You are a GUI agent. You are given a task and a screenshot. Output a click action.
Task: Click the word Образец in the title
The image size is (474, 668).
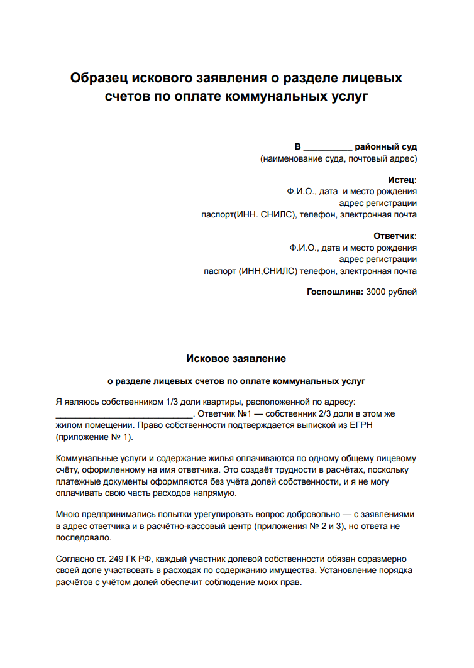pos(99,79)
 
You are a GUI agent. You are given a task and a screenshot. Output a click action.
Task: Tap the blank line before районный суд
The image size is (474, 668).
pos(328,147)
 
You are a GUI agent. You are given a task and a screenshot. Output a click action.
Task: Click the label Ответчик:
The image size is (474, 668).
pos(395,236)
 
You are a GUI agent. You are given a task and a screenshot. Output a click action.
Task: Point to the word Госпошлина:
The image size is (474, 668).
pos(334,292)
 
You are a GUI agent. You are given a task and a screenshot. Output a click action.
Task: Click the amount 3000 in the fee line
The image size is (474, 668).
pos(377,292)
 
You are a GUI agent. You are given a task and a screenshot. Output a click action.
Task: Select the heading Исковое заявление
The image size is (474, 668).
pos(236,359)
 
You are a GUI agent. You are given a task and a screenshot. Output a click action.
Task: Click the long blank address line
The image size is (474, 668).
pos(124,415)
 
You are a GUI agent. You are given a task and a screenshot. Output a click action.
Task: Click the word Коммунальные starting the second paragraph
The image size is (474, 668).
pos(86,458)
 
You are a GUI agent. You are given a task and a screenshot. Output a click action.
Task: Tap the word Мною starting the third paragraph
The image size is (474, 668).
pos(68,515)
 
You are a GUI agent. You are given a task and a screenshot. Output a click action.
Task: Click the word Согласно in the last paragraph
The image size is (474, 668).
pos(75,558)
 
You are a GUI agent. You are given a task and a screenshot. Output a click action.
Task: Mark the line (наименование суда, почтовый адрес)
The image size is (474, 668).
pos(338,159)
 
